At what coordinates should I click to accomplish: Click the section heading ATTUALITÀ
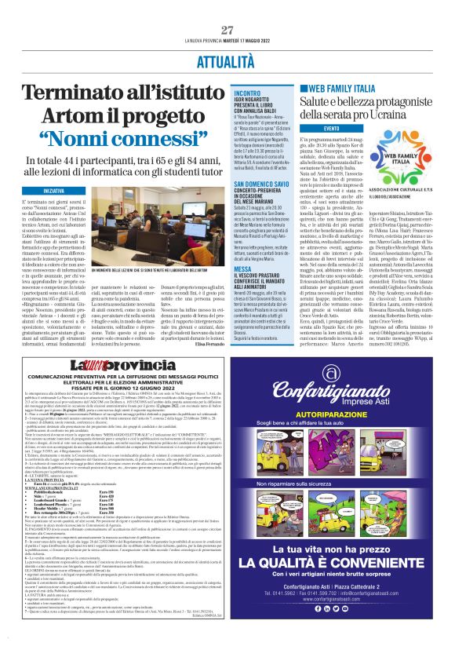tap(227, 60)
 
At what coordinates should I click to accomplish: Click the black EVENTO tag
tap(333, 128)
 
